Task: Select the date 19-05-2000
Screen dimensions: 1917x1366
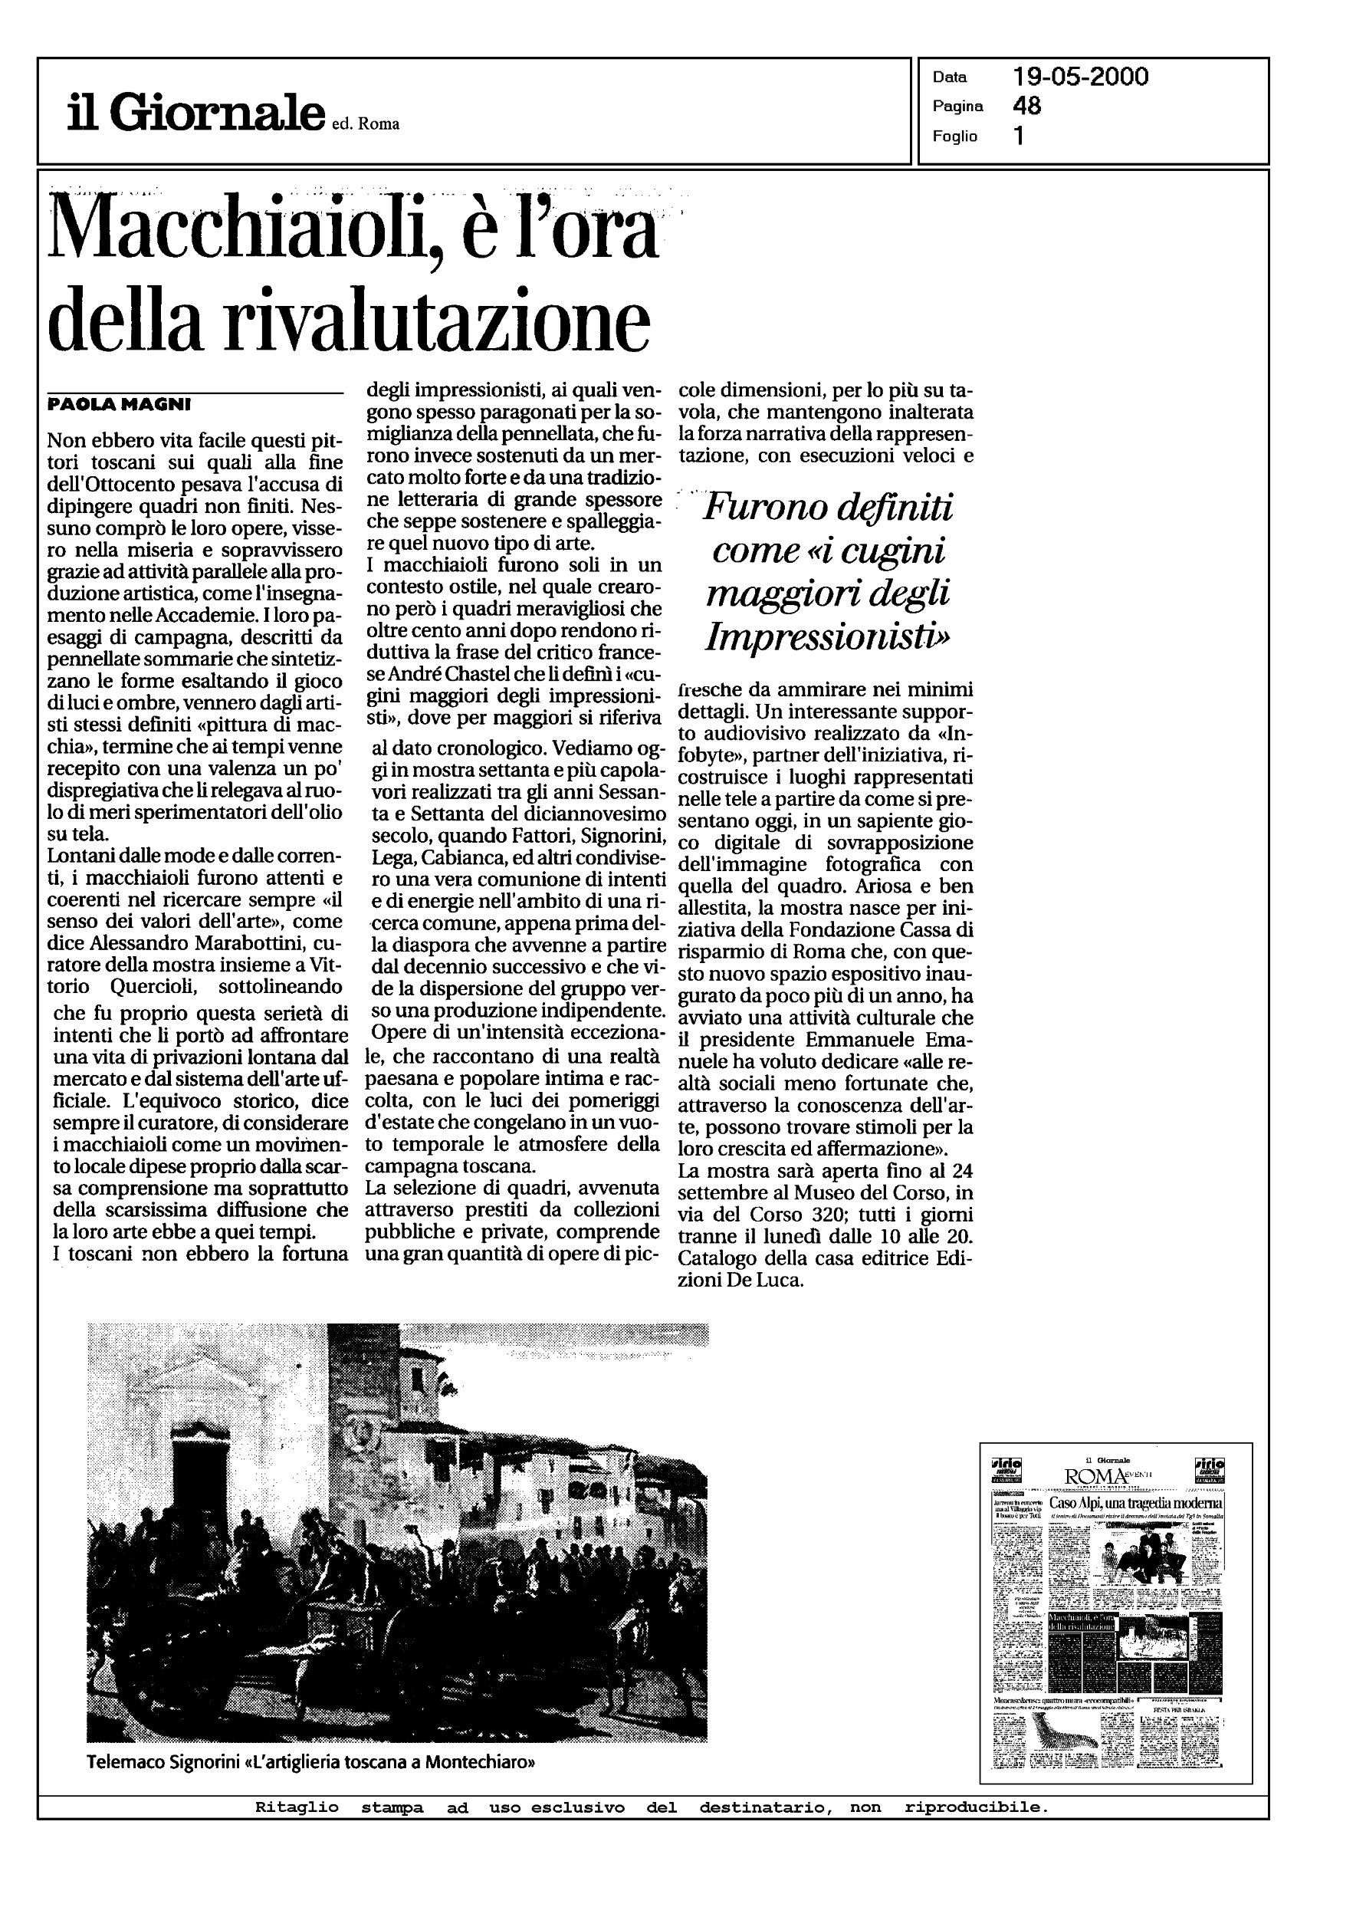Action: click(x=1080, y=77)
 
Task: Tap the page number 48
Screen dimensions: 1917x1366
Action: click(x=1027, y=106)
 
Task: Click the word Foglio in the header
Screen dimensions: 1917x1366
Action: click(x=954, y=136)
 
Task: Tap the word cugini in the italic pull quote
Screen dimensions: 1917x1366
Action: click(x=893, y=551)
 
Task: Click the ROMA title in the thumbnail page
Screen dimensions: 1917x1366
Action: click(x=1096, y=1476)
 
